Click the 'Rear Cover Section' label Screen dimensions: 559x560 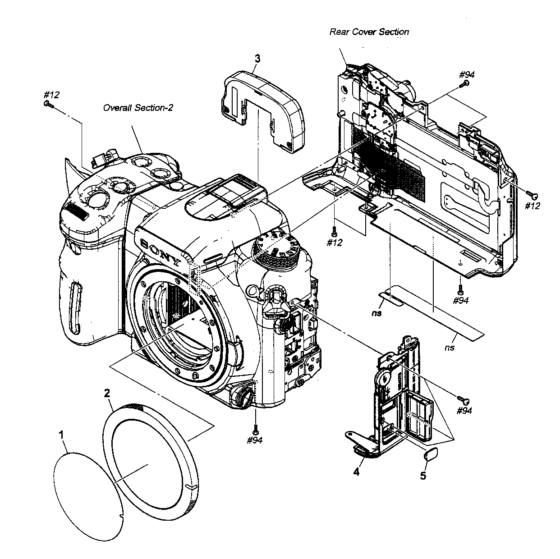pyautogui.click(x=369, y=32)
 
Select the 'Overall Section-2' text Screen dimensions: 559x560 pyautogui.click(x=138, y=108)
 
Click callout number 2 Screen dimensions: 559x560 pyautogui.click(x=107, y=393)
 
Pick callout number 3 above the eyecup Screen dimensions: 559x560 pyautogui.click(x=257, y=59)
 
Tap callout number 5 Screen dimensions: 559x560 pyautogui.click(x=423, y=476)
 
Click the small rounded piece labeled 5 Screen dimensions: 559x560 pyautogui.click(x=431, y=453)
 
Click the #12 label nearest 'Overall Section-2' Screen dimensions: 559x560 pyautogui.click(x=51, y=95)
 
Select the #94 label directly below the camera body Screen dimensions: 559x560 pyautogui.click(x=255, y=440)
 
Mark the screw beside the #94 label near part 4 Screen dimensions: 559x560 pyautogui.click(x=463, y=399)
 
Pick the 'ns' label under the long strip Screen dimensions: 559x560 pyautogui.click(x=449, y=348)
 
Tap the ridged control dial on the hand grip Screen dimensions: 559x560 pyautogui.click(x=78, y=211)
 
